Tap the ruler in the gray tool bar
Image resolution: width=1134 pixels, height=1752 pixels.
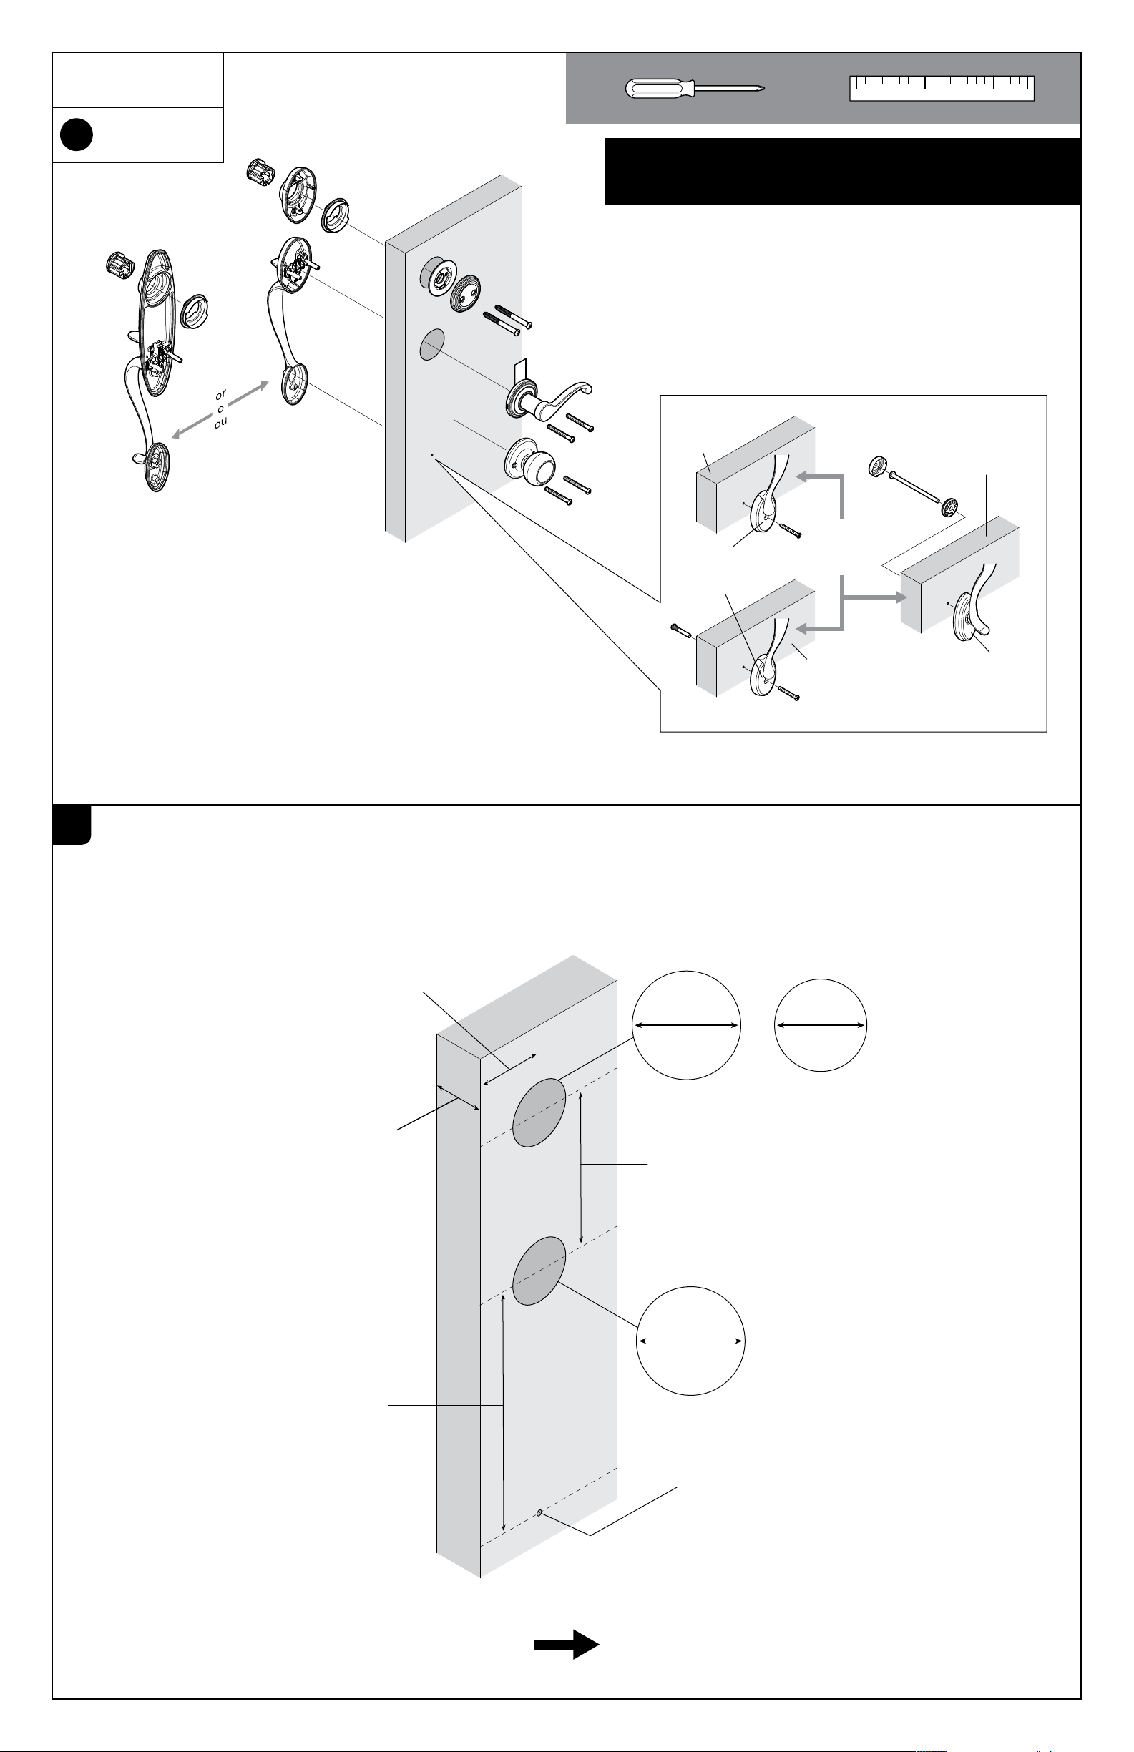pos(942,87)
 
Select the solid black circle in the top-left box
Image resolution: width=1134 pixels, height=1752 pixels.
pos(76,134)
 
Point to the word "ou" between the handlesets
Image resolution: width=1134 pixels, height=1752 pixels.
pos(221,423)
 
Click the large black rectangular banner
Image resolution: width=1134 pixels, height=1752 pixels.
pos(842,172)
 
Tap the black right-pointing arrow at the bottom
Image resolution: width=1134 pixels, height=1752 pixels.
pos(566,1645)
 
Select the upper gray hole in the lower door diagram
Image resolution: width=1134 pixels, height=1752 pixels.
pos(539,1112)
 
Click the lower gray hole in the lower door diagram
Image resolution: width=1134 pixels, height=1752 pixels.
pos(539,1271)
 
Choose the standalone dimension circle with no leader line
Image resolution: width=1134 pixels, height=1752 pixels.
pos(821,1024)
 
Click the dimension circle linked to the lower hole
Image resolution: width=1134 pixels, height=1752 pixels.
pos(690,1341)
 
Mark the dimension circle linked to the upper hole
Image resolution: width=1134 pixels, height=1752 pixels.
pos(686,1024)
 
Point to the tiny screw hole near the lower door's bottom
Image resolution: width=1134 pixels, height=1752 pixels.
pos(539,1514)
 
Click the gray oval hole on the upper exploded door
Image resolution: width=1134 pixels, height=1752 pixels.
pos(432,345)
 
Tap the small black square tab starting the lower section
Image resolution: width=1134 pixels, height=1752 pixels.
pos(72,824)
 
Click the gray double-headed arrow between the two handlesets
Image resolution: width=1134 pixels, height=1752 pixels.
pos(219,409)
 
